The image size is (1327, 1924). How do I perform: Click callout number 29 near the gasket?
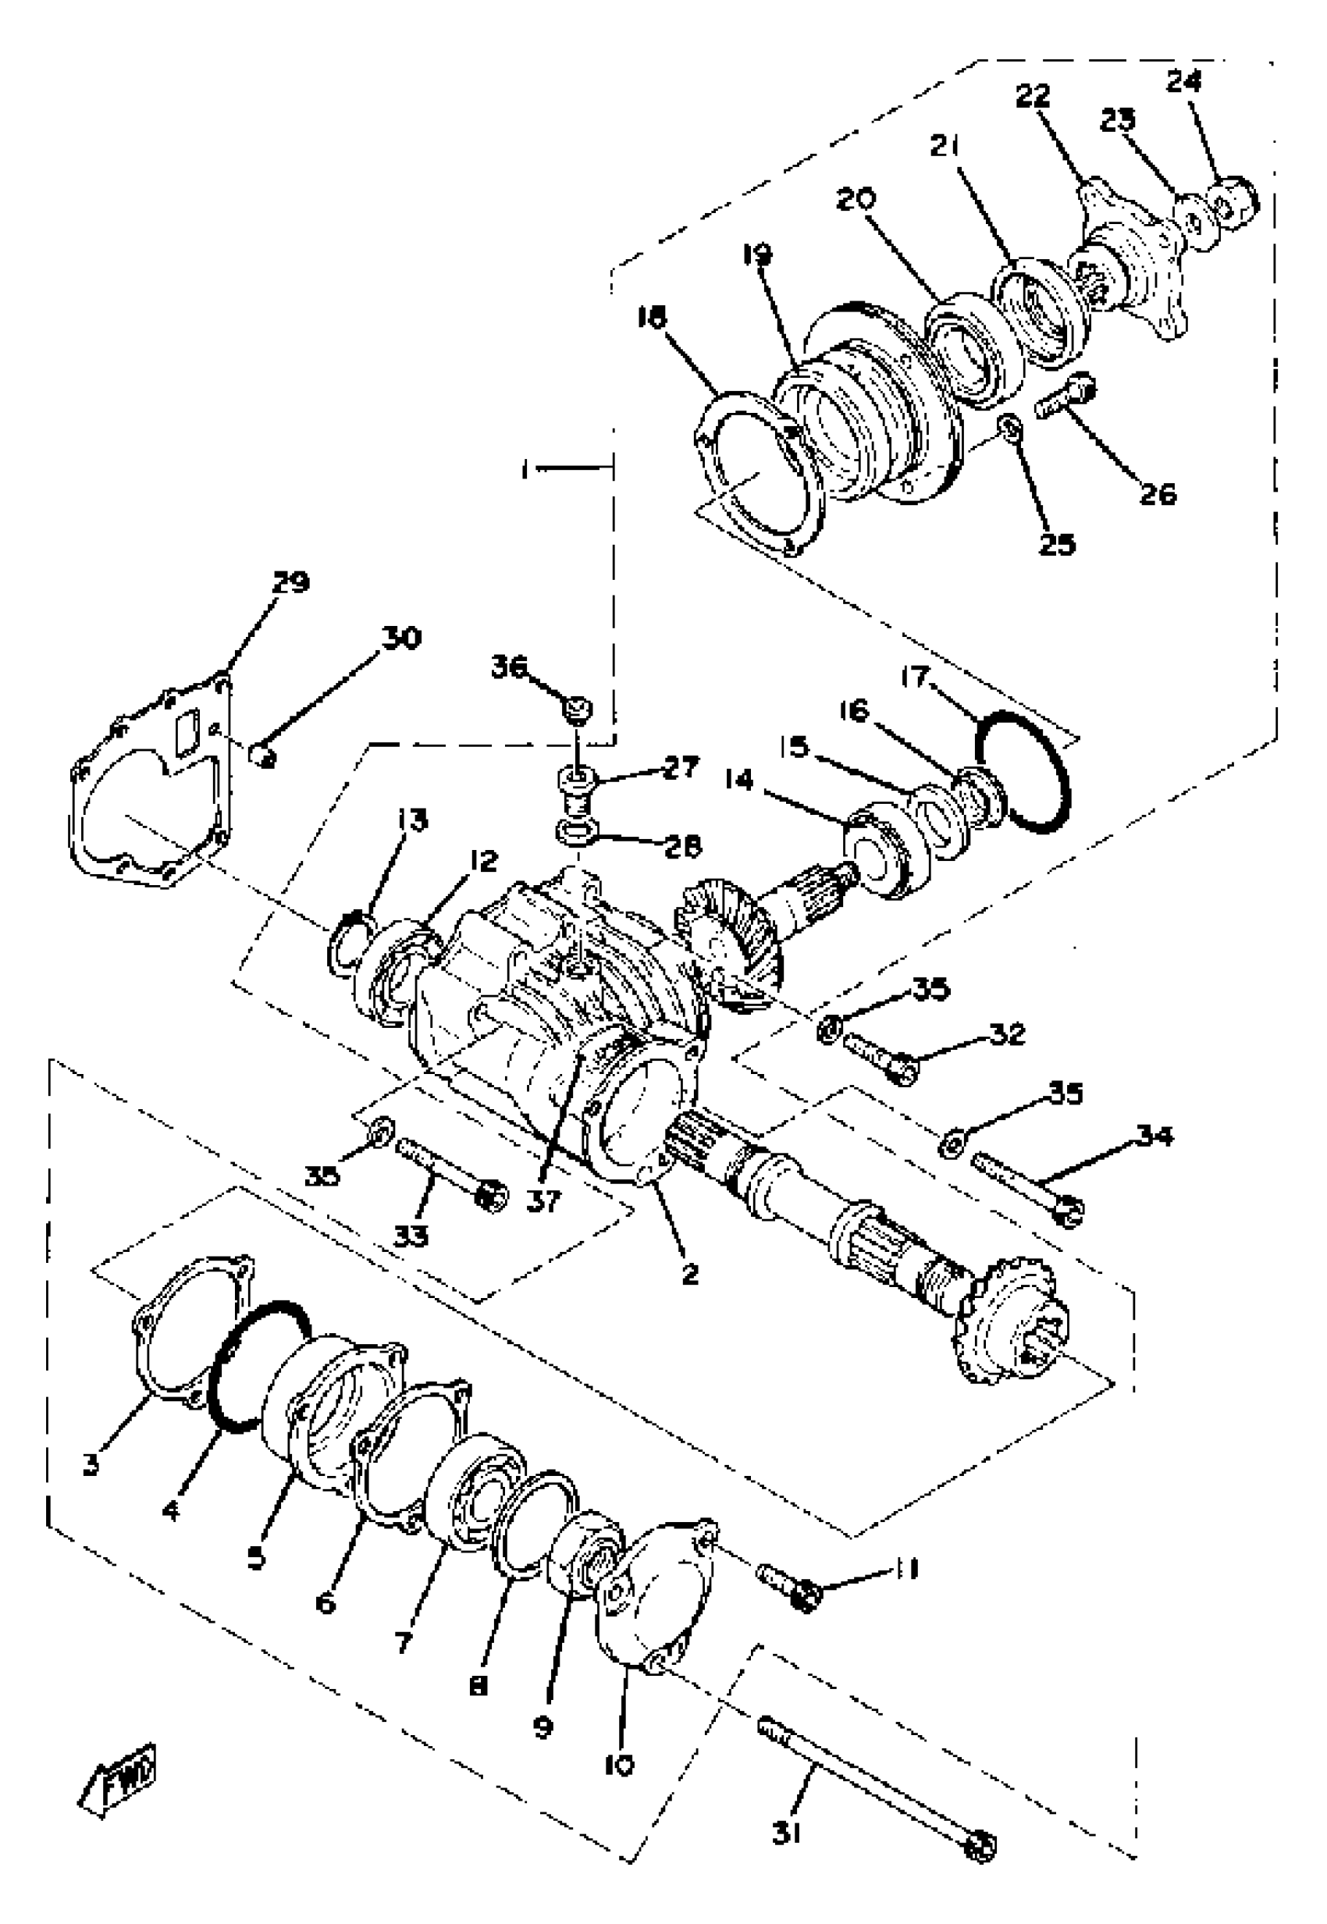[x=290, y=582]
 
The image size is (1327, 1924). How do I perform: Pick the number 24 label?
[x=1183, y=81]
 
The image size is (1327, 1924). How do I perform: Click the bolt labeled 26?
[x=1067, y=397]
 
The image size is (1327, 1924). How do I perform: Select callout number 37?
[x=544, y=1201]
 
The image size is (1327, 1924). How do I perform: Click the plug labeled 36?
[x=577, y=709]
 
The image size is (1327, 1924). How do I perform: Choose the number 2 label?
[x=689, y=1274]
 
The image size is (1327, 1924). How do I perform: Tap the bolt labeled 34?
[x=1025, y=1185]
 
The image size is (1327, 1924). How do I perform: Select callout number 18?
[x=653, y=317]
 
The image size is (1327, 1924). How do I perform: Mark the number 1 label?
[x=525, y=470]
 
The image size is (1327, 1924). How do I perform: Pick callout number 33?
[x=411, y=1238]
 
